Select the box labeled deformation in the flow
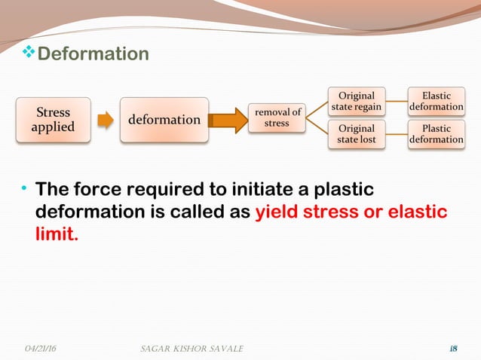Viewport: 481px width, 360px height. point(164,119)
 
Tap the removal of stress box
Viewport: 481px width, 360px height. point(277,117)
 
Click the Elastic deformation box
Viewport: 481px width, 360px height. point(436,102)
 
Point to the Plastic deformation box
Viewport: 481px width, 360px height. point(436,134)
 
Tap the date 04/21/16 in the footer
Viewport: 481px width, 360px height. point(41,348)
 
